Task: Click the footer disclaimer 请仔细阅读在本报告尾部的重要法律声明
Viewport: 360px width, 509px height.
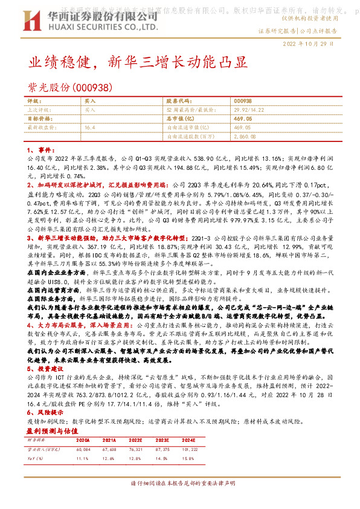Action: [x=179, y=502]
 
